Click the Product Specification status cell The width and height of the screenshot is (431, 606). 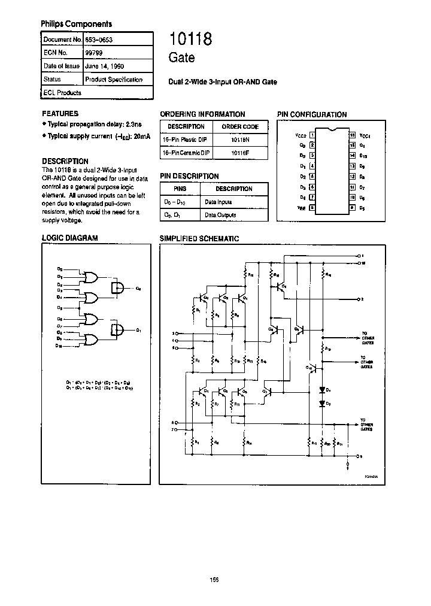(x=114, y=79)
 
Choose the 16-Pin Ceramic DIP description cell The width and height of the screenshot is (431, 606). (x=186, y=153)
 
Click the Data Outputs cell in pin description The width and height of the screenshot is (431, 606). (x=220, y=214)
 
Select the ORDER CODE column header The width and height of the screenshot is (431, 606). (x=240, y=126)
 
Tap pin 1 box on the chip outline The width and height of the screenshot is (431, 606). (x=312, y=135)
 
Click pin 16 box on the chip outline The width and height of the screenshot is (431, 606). (x=353, y=135)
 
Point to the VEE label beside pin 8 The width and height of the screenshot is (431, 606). (x=302, y=208)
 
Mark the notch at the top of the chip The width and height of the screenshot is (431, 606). (x=332, y=129)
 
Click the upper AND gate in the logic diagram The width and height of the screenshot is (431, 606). (x=118, y=288)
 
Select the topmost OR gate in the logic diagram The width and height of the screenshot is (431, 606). (x=92, y=277)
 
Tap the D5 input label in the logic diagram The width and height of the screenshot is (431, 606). (x=59, y=308)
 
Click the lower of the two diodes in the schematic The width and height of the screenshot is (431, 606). (x=322, y=404)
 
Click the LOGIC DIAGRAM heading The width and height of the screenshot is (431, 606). (x=69, y=238)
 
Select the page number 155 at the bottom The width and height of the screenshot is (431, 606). (x=214, y=579)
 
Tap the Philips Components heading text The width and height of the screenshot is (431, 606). (x=76, y=24)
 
